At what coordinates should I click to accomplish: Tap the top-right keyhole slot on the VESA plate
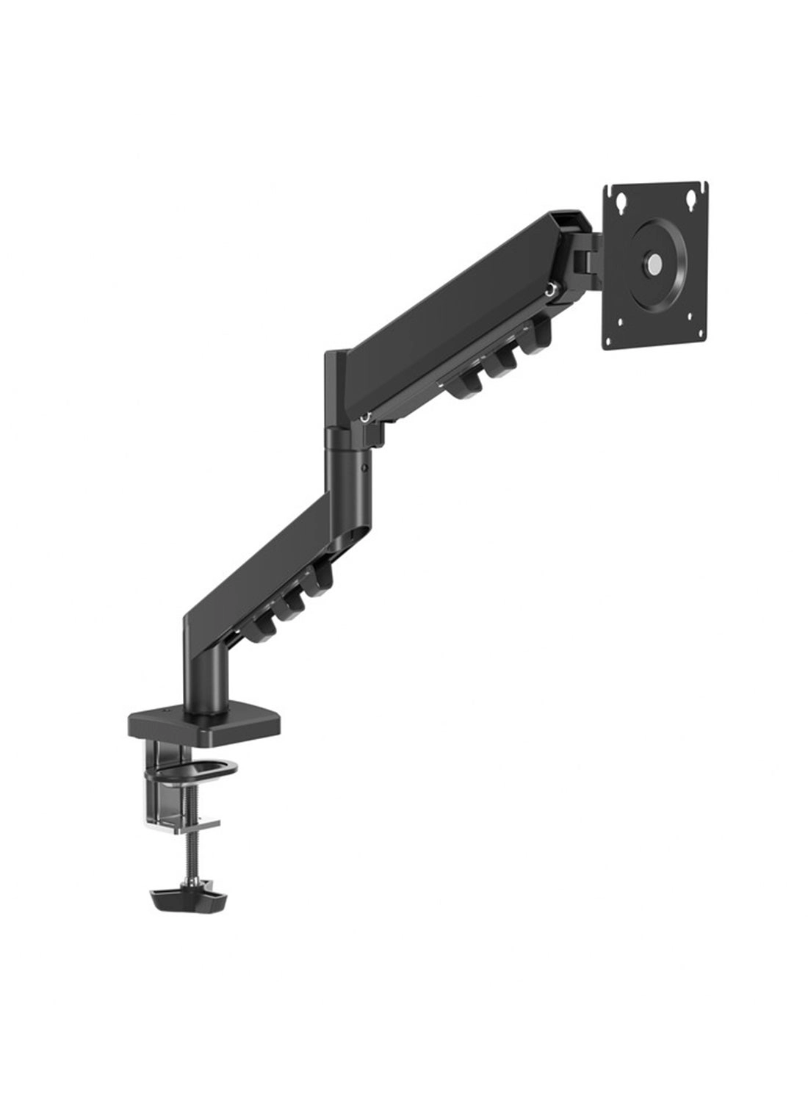(x=690, y=197)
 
